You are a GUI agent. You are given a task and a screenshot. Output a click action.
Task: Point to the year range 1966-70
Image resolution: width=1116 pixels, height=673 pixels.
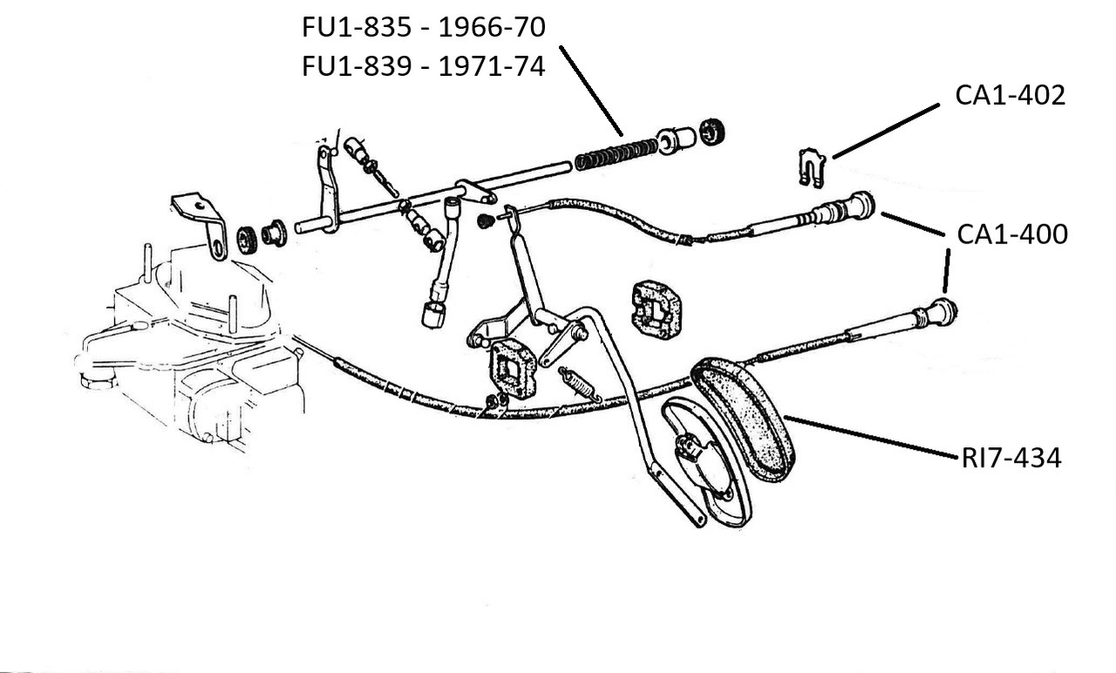tap(492, 28)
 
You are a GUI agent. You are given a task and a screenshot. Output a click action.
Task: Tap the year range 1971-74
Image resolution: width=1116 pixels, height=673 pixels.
tap(492, 67)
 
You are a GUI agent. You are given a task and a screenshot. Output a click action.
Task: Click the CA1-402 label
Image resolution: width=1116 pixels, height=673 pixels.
tap(1010, 95)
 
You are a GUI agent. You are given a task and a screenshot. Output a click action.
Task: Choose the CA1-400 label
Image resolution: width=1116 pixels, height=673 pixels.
tap(1011, 235)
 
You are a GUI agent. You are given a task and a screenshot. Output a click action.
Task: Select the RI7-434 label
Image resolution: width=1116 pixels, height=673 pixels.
tap(1011, 458)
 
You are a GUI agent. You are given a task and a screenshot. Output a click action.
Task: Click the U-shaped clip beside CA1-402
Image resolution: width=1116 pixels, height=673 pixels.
tap(812, 167)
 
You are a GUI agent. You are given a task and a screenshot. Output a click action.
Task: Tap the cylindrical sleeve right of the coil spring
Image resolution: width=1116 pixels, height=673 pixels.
tap(677, 139)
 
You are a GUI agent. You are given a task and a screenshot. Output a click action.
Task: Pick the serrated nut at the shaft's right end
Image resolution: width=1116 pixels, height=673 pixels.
tap(713, 129)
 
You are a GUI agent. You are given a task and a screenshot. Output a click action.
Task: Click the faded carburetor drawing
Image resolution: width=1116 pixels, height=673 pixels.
tap(192, 349)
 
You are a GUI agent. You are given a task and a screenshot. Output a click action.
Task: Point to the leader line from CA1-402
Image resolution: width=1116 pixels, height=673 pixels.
tap(885, 132)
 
